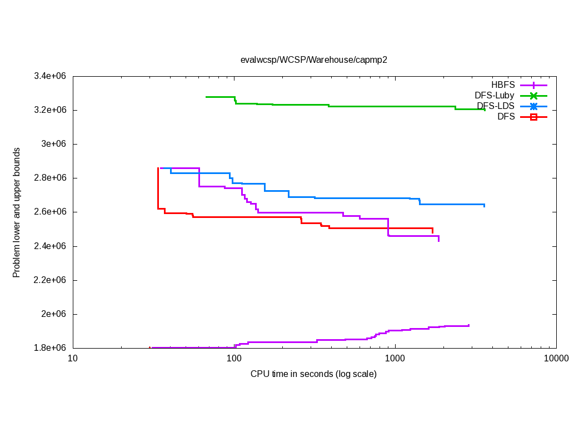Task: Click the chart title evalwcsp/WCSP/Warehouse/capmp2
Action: (313, 60)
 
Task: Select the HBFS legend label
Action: (503, 85)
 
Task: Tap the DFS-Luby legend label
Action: (495, 96)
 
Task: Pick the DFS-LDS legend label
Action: (496, 106)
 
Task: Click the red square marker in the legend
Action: (533, 117)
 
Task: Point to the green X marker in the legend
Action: (533, 96)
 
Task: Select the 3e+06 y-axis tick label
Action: (54, 144)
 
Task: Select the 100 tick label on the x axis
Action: (234, 359)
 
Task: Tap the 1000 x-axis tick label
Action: (395, 359)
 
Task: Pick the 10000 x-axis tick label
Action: (556, 359)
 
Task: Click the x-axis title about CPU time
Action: (313, 374)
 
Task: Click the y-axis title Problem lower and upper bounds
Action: (17, 212)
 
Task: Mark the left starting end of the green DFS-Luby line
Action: (206, 97)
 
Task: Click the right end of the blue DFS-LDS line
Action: (485, 206)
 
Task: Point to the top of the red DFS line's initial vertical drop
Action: (158, 168)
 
